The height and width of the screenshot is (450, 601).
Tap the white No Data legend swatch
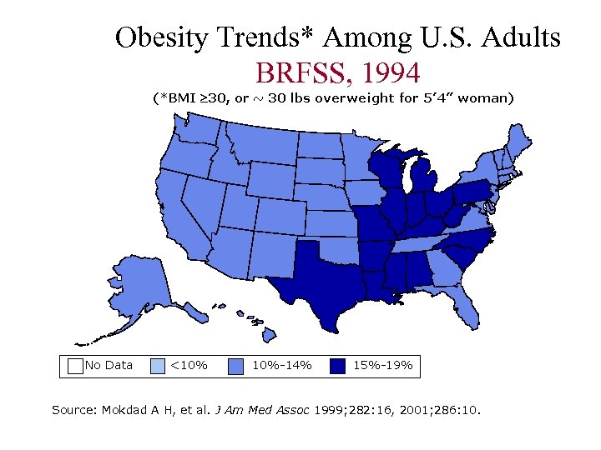pyautogui.click(x=75, y=365)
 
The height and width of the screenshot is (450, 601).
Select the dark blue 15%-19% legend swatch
pyautogui.click(x=337, y=365)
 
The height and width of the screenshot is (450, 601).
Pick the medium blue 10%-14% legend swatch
pyautogui.click(x=236, y=365)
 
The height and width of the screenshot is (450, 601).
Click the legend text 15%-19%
pyautogui.click(x=382, y=365)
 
